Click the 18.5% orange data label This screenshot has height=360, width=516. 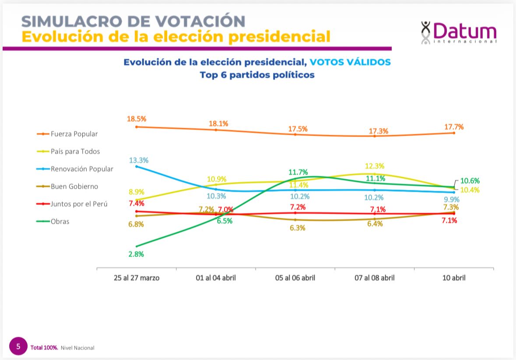[137, 119]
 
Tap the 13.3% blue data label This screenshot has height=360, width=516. [138, 160]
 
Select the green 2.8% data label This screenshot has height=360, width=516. [136, 254]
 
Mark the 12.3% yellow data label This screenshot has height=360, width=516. [374, 166]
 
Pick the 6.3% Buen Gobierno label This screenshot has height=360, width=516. [297, 228]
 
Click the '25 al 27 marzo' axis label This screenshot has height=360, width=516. [137, 278]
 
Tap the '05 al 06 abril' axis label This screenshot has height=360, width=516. [295, 278]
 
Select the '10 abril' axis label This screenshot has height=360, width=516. [453, 278]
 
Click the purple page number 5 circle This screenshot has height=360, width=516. [18, 346]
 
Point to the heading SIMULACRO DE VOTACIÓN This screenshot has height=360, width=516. [133, 21]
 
